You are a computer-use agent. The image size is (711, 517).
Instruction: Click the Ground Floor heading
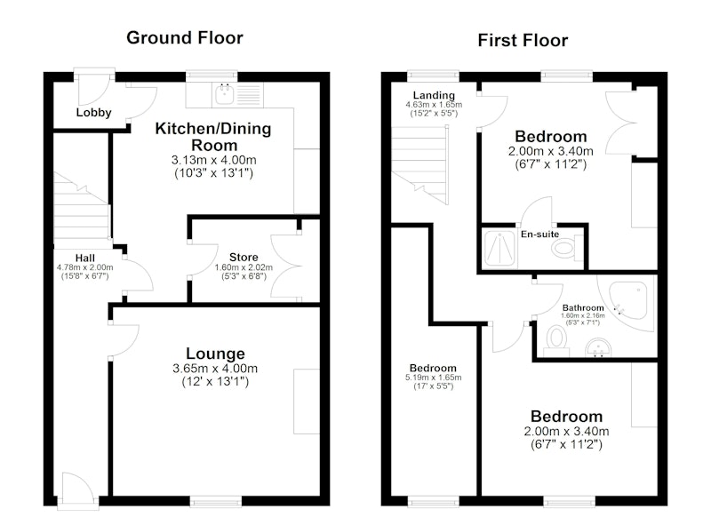tap(185, 37)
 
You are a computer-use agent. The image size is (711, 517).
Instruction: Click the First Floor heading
tap(523, 40)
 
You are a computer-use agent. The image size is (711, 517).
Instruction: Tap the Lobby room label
tap(94, 112)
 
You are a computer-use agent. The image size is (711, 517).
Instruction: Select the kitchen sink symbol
tap(225, 94)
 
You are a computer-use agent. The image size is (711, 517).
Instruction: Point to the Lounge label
tap(215, 354)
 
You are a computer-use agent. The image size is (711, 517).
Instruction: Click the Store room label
tap(244, 258)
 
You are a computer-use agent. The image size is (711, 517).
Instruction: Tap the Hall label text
tap(85, 258)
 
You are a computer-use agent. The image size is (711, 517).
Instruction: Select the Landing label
tap(434, 95)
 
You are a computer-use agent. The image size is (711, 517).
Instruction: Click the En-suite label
tap(539, 235)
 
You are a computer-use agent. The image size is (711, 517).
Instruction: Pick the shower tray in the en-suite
tap(500, 248)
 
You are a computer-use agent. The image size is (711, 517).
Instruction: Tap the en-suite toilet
tap(567, 249)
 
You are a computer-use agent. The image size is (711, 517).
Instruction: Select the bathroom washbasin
tap(598, 348)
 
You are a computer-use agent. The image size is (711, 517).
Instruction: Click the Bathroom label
tap(583, 307)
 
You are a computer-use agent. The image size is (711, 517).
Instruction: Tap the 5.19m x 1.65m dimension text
tap(434, 378)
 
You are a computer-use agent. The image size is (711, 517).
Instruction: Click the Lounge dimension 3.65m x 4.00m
tap(215, 369)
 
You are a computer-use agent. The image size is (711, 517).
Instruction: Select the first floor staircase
tap(420, 165)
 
